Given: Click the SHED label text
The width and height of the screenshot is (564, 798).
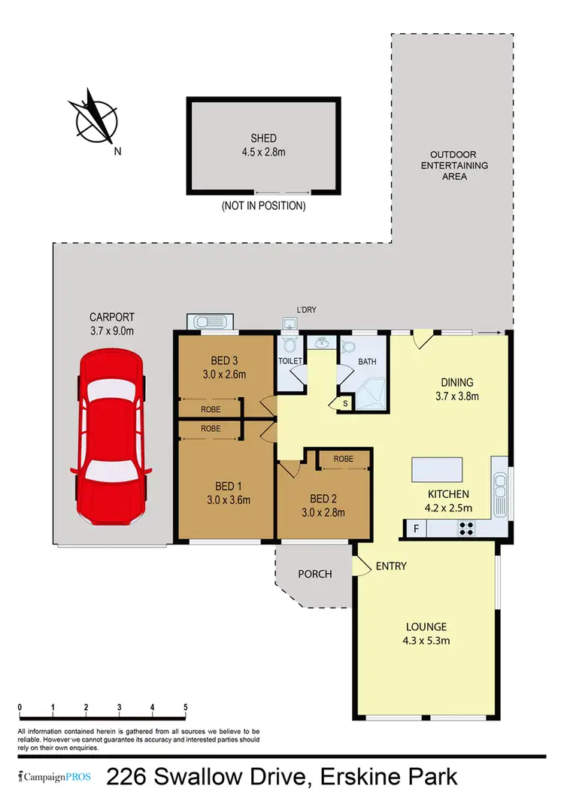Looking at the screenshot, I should point(263,138).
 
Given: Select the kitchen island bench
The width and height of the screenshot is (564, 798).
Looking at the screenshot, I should point(438,470).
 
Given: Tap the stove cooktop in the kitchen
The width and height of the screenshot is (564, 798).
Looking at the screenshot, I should point(465,529).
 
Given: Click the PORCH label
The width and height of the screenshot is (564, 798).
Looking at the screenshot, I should point(314,574).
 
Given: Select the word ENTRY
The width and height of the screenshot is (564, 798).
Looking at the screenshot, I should point(390,566).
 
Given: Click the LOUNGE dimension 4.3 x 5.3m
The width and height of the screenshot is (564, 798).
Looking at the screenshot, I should point(426,641).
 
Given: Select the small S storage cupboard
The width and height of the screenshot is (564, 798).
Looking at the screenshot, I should point(344,403).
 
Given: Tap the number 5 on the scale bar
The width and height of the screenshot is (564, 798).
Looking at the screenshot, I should point(185,708).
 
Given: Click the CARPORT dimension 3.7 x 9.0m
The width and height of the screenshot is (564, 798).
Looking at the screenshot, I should point(111,330).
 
